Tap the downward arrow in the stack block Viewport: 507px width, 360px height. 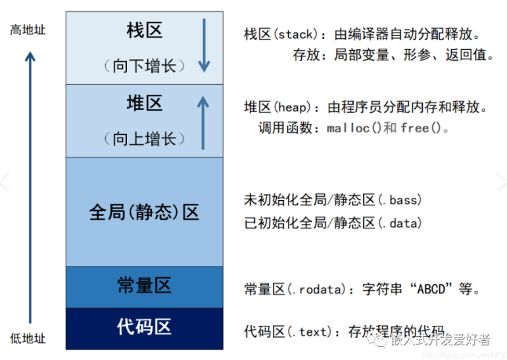coord(205,45)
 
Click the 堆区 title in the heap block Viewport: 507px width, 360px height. coord(144,103)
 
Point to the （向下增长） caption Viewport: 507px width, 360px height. coord(144,65)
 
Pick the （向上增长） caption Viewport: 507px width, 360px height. coord(144,138)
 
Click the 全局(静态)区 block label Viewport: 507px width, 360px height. coord(144,212)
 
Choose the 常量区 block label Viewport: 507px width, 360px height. coord(144,286)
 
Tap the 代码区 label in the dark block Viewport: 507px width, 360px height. coord(144,327)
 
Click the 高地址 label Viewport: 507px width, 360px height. coord(28,30)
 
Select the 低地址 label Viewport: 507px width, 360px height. coord(28,338)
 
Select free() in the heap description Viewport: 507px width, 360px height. coord(422,128)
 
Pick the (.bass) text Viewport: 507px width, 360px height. coord(398,199)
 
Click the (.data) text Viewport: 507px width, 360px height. coord(398,223)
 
